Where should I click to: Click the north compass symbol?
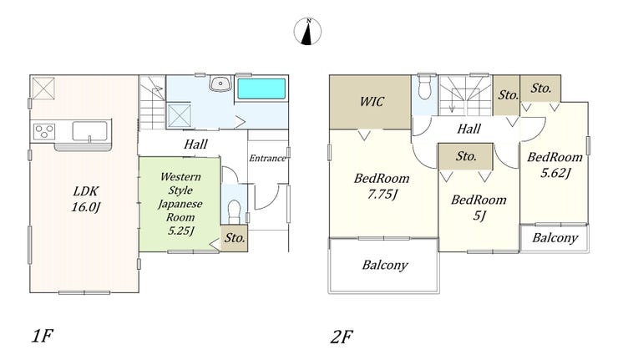(x=307, y=31)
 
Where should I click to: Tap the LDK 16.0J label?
(x=86, y=199)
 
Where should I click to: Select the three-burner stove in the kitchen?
(x=44, y=131)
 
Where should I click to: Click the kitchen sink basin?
(x=90, y=131)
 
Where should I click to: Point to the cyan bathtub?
(x=261, y=89)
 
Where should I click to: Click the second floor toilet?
(x=424, y=87)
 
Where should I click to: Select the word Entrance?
(x=267, y=158)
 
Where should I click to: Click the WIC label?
(x=372, y=102)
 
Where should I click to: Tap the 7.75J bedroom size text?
(x=382, y=194)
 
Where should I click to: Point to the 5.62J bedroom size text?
(x=555, y=173)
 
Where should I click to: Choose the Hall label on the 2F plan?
(x=469, y=129)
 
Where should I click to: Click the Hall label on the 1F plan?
(x=195, y=144)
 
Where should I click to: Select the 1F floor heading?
(x=42, y=337)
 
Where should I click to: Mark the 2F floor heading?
(x=342, y=337)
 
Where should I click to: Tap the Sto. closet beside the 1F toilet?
(x=235, y=238)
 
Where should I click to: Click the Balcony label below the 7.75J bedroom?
(x=385, y=265)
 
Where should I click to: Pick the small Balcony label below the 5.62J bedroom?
(x=555, y=238)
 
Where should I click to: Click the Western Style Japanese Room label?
(x=180, y=204)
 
